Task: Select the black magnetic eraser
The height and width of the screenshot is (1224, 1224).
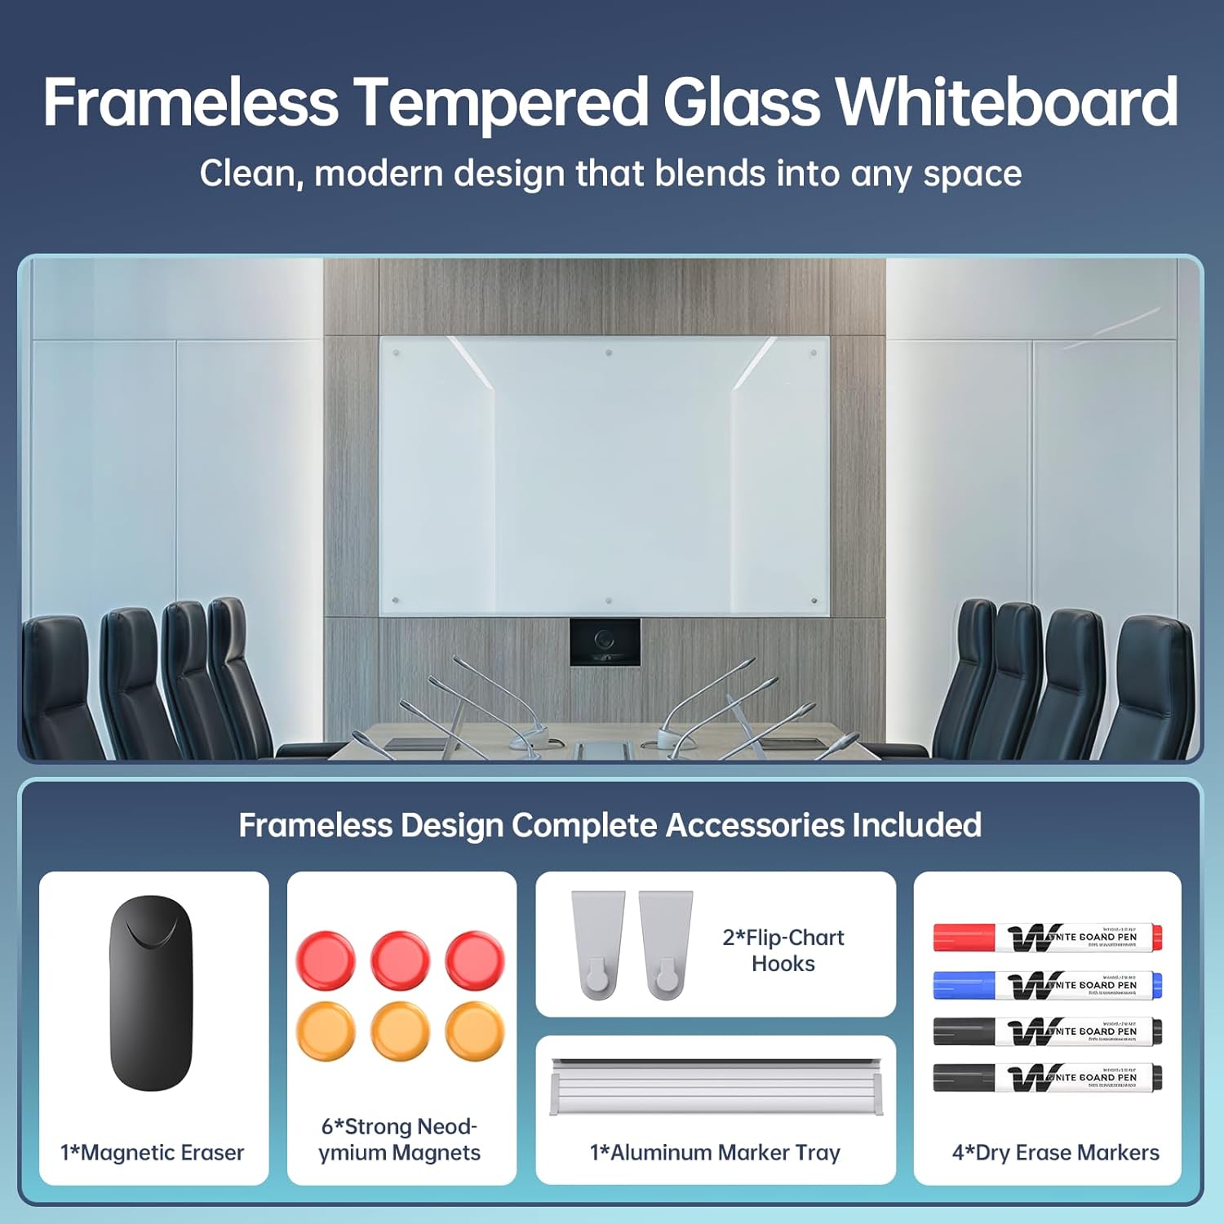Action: tap(151, 993)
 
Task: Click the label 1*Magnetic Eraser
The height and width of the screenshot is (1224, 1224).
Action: tap(153, 1152)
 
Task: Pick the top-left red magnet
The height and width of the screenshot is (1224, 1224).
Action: tap(326, 960)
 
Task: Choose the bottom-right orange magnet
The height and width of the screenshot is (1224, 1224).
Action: tap(475, 1031)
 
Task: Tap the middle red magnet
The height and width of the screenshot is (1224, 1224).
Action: tap(400, 960)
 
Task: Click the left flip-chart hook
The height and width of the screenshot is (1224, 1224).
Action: tap(597, 944)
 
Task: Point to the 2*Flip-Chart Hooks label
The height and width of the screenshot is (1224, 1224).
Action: tap(783, 950)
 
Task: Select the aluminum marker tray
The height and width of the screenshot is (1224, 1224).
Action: tap(716, 1086)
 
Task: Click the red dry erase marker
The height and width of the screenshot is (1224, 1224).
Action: tap(1048, 938)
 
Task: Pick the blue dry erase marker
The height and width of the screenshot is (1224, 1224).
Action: tap(1048, 985)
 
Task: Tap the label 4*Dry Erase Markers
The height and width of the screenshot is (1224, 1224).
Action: tap(1055, 1152)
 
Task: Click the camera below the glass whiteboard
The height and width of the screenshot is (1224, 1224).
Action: tap(605, 641)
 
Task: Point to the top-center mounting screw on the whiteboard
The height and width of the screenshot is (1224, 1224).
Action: tap(609, 353)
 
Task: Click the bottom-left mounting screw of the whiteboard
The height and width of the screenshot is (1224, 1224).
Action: tap(396, 601)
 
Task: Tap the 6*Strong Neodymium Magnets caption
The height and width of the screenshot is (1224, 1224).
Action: tap(400, 1139)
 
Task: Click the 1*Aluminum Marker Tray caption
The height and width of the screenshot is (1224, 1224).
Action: tap(715, 1152)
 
